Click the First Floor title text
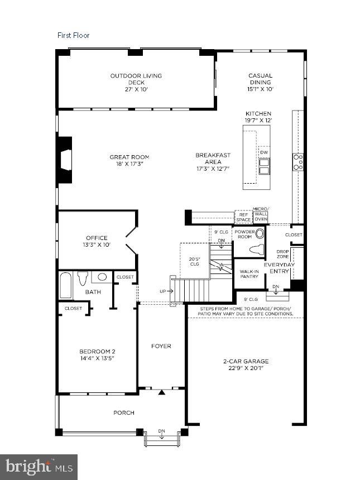point(73,35)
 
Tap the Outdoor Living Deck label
point(136,82)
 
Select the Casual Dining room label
point(260,82)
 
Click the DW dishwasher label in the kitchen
point(263,151)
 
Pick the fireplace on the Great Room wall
point(65,159)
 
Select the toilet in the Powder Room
point(257,249)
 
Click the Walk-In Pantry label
point(249,274)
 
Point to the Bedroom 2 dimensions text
point(97,358)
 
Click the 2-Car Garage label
point(246,364)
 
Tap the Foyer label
point(161,346)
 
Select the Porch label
point(123,413)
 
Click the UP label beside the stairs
point(162,292)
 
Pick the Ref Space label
point(243,216)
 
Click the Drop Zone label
point(282,254)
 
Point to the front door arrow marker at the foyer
point(162,392)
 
